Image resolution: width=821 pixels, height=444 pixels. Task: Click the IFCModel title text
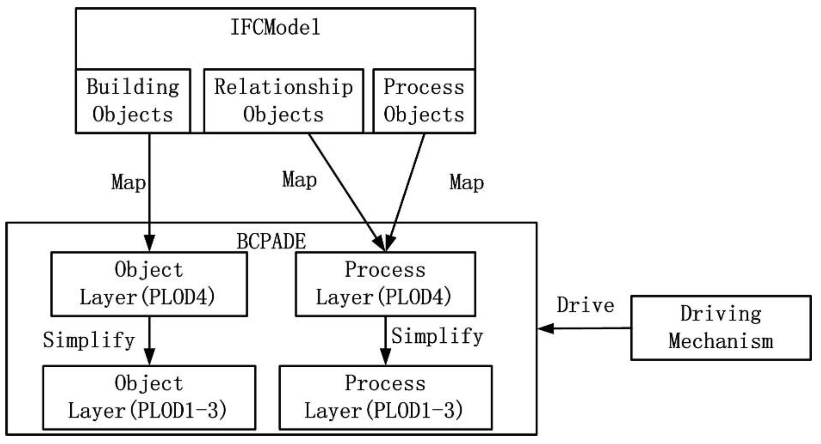click(275, 27)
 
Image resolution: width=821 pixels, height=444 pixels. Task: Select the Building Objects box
click(133, 101)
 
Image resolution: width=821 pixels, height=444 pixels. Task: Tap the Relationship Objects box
click(283, 101)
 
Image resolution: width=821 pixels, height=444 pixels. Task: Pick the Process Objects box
click(424, 101)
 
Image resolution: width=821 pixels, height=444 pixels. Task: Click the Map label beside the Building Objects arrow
click(128, 183)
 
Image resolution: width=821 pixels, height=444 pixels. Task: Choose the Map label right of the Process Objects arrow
click(466, 183)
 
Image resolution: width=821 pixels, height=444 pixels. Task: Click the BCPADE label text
click(271, 241)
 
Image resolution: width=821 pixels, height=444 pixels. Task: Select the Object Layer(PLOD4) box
click(149, 284)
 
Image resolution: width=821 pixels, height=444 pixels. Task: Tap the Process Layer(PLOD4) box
click(385, 284)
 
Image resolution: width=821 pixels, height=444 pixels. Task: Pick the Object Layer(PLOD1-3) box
click(149, 397)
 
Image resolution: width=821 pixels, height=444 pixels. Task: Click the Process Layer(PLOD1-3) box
click(385, 397)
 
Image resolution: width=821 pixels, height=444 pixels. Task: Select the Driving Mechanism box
click(721, 328)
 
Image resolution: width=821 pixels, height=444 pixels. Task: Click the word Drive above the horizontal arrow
click(586, 305)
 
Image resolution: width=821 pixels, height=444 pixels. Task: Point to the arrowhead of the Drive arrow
click(545, 328)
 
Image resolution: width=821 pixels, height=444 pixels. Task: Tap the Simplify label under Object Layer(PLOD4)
click(89, 340)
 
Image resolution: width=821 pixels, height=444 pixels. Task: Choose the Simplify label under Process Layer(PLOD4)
click(437, 336)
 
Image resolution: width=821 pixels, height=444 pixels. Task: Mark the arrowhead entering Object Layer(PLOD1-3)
click(149, 357)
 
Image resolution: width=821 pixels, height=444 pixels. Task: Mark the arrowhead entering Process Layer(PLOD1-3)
click(385, 357)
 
